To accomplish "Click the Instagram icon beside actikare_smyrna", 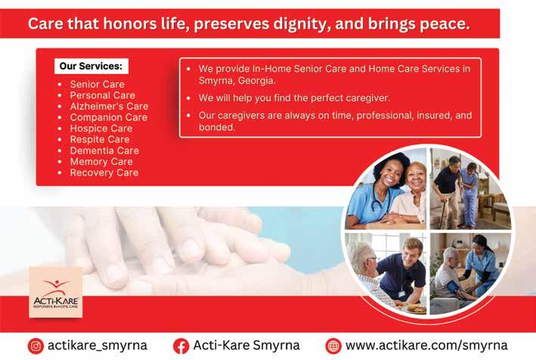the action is (36, 346).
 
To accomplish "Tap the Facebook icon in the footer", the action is (181, 346).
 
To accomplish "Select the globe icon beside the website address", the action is (333, 346).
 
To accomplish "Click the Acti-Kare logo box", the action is (56, 292).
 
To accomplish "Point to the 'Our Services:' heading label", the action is (91, 66).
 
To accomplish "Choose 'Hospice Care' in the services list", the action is (101, 129).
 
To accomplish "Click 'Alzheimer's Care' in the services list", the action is (110, 107).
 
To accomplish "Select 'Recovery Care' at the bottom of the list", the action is (104, 172).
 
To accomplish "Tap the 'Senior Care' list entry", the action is (98, 84).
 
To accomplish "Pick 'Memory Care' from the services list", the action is (101, 162).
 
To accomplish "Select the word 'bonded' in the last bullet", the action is (217, 128).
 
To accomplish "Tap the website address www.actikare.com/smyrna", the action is (426, 346).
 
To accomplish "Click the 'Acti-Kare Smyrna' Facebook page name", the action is (246, 346).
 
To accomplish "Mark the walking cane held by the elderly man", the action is (443, 210).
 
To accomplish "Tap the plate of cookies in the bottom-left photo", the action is (416, 309).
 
